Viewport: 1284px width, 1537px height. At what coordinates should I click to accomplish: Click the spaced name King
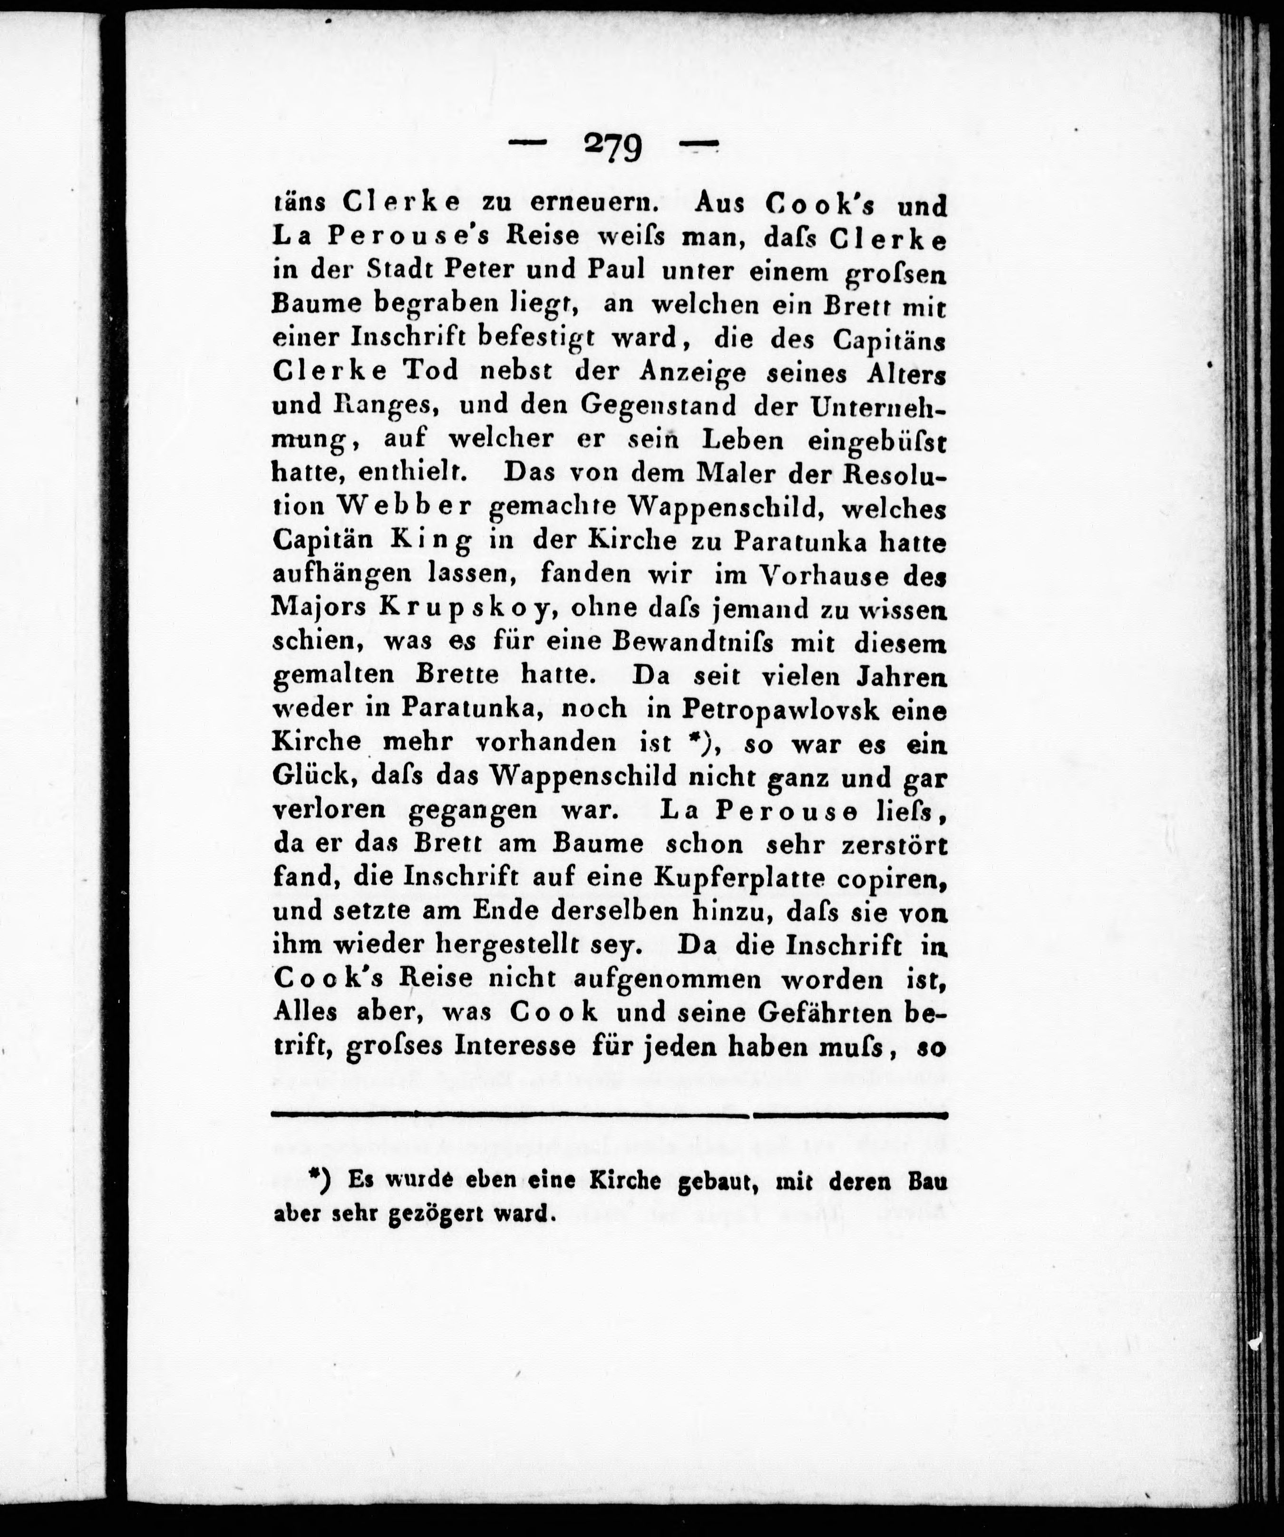click(x=431, y=541)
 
